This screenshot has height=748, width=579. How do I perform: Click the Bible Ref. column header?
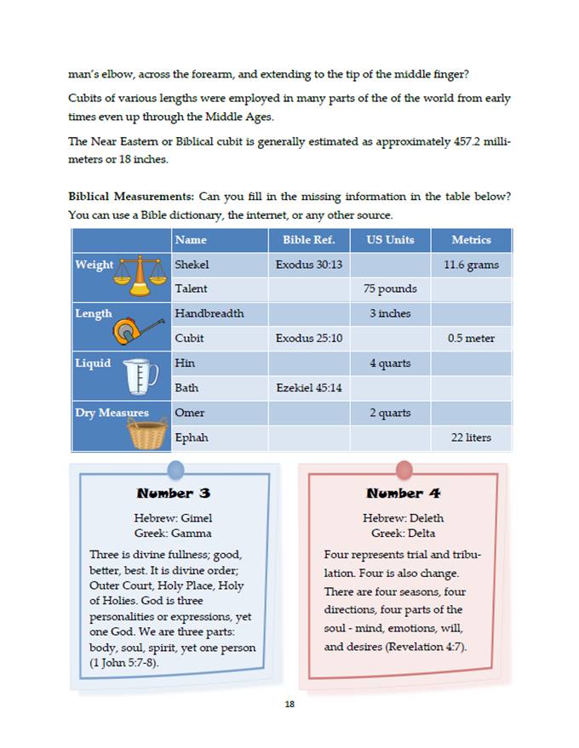tap(308, 240)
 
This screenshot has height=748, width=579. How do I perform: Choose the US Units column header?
tap(390, 240)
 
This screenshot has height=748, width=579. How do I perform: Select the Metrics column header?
tap(471, 240)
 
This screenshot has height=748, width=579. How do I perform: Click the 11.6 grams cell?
tap(471, 265)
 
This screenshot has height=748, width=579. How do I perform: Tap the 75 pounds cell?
tap(390, 289)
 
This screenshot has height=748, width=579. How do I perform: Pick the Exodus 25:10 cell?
tap(308, 339)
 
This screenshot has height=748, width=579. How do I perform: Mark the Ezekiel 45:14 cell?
tap(308, 388)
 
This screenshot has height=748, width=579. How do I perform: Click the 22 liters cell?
tap(471, 438)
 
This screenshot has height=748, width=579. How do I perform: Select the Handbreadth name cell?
tap(209, 314)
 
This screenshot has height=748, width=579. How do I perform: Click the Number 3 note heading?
tap(174, 494)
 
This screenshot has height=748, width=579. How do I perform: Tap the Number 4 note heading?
tap(404, 494)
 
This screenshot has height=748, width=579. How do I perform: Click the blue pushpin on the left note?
tap(176, 469)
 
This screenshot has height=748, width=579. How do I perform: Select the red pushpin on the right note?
tap(404, 469)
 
